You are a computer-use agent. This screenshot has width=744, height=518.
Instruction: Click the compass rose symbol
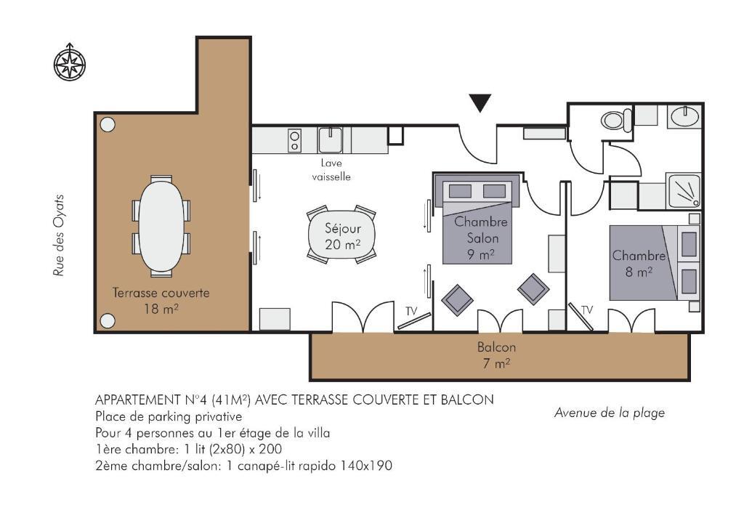pos(70,62)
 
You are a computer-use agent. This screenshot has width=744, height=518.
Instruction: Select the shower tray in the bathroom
pos(683,191)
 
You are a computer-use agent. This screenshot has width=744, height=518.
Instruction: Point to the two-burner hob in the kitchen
pos(295,141)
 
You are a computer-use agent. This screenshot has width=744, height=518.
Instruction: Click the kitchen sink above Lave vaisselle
pos(330,140)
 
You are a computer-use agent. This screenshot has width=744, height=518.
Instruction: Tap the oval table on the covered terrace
pos(161,226)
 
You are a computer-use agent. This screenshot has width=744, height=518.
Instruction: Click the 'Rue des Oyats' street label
pos(59,235)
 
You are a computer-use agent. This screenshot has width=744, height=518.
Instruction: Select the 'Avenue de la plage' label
pos(610,413)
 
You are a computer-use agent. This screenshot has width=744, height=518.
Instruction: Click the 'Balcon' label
pos(496,347)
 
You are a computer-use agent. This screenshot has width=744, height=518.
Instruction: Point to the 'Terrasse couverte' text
pos(161,293)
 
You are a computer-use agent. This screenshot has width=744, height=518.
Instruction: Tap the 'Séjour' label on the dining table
pos(343,229)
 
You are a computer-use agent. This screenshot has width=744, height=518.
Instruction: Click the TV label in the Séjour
pos(411,311)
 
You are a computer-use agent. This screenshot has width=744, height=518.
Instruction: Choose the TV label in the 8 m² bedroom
pos(587,309)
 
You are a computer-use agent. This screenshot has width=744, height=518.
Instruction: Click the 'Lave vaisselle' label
pos(331,170)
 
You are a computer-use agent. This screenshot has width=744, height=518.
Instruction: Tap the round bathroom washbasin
pos(684,116)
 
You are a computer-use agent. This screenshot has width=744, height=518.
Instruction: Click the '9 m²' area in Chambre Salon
pos(480,255)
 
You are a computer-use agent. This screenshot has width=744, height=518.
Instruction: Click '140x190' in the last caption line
pos(366,466)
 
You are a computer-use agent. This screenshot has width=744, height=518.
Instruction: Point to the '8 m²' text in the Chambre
pos(639,272)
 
